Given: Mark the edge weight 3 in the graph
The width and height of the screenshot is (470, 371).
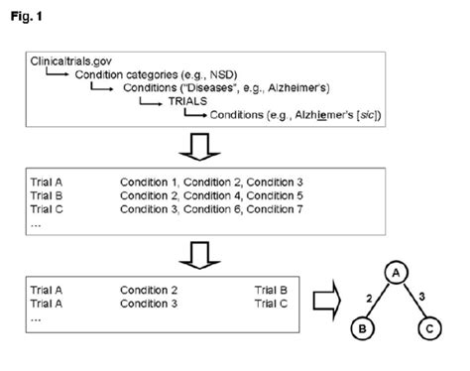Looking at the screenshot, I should pos(420,296).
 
